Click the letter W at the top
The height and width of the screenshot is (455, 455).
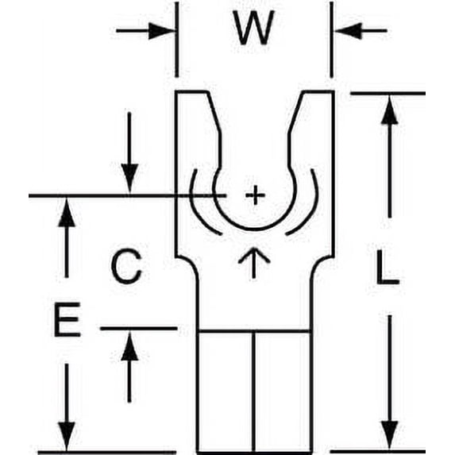coord(254,28)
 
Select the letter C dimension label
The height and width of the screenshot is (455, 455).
coord(126,266)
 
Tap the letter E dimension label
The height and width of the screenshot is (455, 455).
coord(67,319)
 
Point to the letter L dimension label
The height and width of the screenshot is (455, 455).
coord(388,267)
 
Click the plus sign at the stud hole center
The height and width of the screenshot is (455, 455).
coord(255,195)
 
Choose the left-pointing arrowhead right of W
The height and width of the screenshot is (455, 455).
coord(348,30)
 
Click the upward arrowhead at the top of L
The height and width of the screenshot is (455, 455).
coord(389,110)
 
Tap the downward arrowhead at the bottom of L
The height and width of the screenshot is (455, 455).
coord(389,434)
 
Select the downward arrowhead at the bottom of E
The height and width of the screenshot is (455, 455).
coord(67,436)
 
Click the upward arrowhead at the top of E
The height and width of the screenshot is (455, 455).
coord(67,212)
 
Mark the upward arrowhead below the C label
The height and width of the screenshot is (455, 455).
coord(129,346)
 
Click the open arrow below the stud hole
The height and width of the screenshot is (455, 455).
coord(254,263)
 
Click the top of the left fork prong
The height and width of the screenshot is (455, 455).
coord(191,92)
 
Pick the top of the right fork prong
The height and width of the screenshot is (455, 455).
coord(318,92)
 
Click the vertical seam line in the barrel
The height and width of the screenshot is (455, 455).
coord(253,391)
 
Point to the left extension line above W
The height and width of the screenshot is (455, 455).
coord(177,40)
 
